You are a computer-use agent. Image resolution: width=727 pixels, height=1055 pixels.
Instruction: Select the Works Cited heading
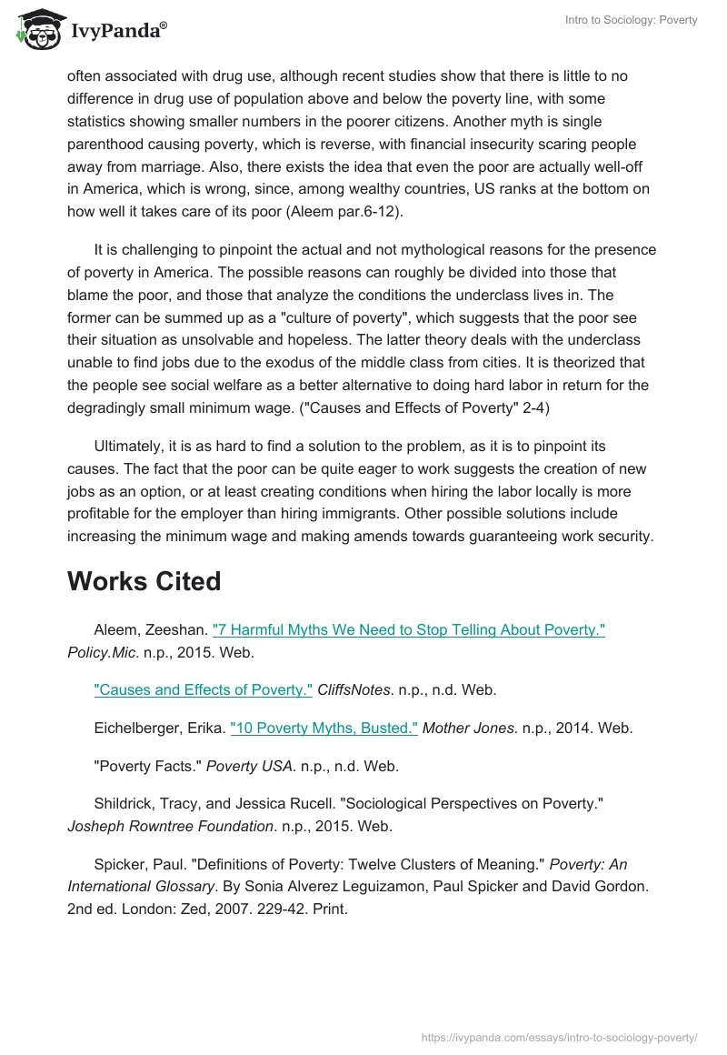coord(144,581)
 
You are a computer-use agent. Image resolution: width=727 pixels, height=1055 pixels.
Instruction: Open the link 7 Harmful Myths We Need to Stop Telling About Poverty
coord(408,630)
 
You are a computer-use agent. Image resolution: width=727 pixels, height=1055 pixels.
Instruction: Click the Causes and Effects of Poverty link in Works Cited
coord(203,689)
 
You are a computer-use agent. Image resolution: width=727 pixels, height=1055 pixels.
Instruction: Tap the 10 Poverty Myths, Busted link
coord(324,728)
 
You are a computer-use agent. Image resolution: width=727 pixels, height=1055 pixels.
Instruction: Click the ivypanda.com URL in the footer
coord(560,1037)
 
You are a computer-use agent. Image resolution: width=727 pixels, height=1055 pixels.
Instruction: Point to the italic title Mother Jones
coord(466,728)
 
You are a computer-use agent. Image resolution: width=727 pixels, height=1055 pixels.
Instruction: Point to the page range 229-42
coord(276,908)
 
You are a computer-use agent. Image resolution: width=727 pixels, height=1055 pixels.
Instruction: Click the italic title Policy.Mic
coord(102,652)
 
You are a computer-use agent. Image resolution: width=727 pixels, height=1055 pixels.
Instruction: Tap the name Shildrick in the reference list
coord(124,804)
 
